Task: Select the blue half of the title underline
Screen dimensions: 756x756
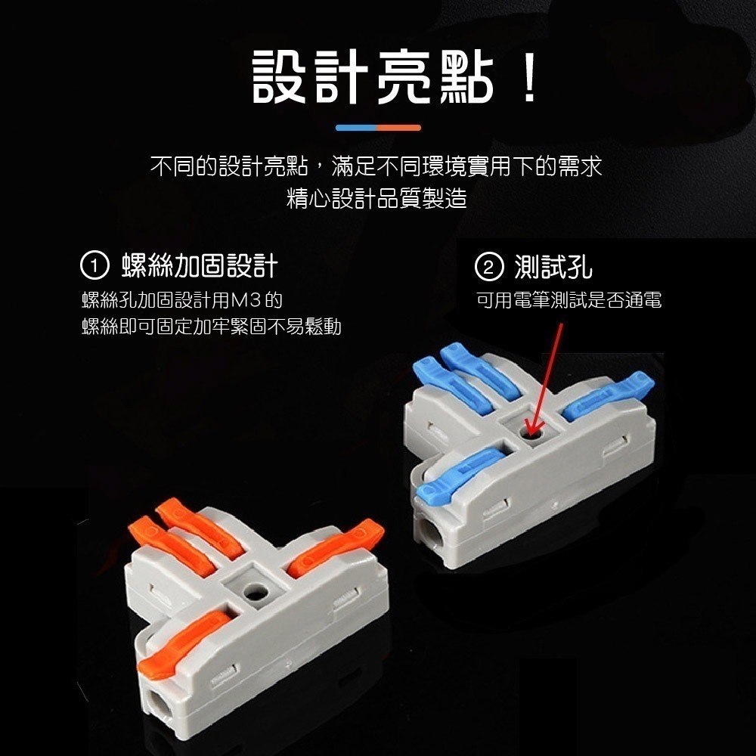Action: [356, 127]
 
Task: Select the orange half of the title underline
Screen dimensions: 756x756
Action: [399, 127]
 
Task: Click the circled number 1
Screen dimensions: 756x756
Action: [94, 267]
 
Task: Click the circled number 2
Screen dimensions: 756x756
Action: [488, 267]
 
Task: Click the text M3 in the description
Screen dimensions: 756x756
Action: [246, 301]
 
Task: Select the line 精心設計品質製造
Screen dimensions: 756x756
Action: [376, 199]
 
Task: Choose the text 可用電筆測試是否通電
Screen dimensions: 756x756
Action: [569, 301]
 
